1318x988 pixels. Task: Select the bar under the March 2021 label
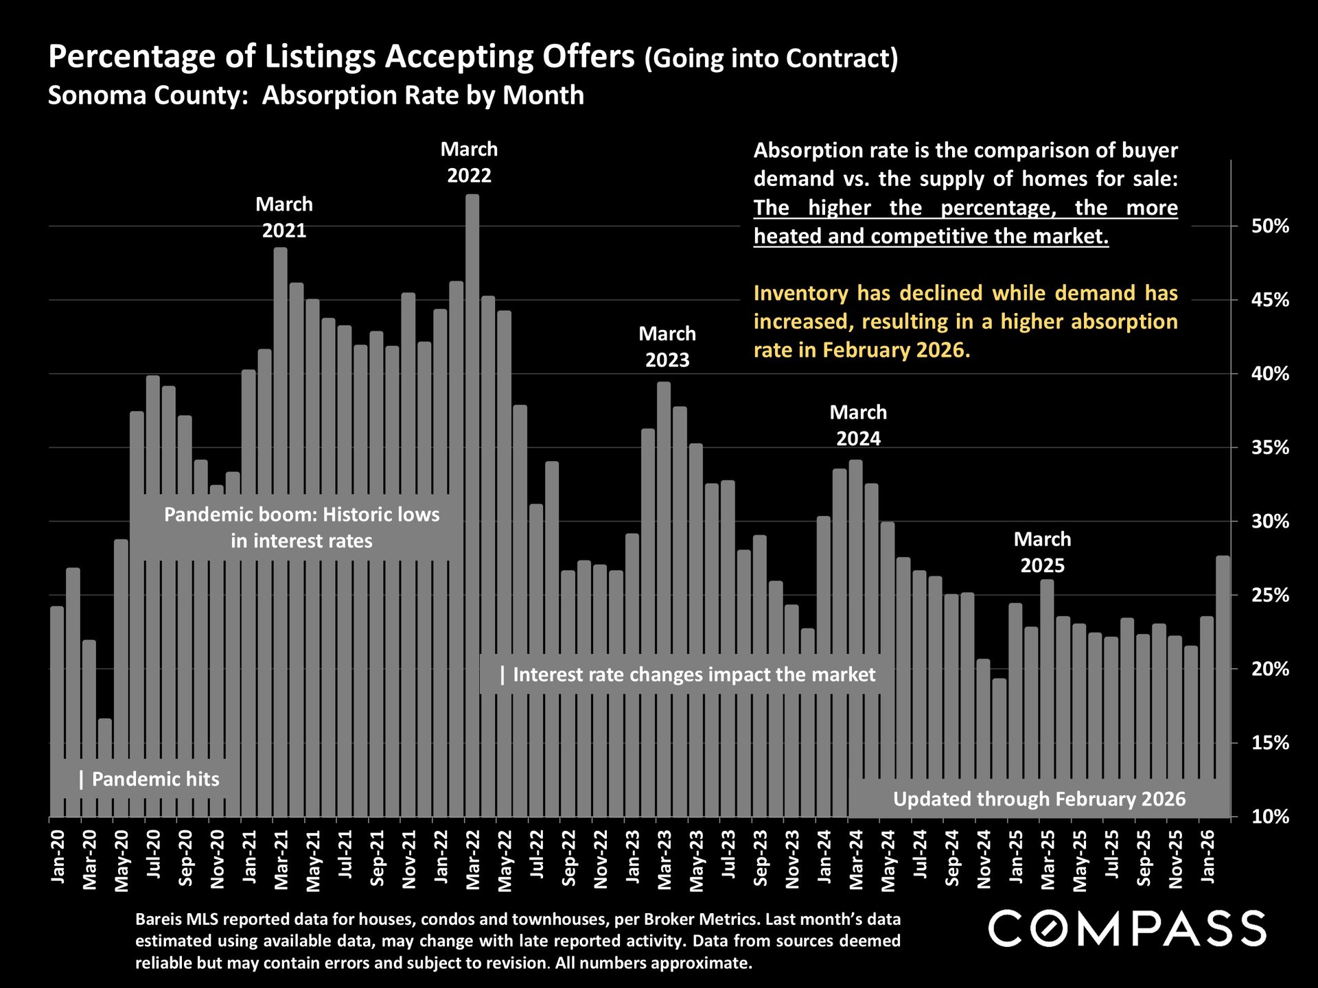pyautogui.click(x=281, y=480)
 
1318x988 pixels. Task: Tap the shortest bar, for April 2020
pyautogui.click(x=105, y=768)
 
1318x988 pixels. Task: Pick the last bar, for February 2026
pyautogui.click(x=1223, y=686)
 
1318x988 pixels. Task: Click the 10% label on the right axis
pyautogui.click(x=1270, y=817)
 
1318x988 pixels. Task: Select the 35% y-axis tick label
pyautogui.click(x=1270, y=448)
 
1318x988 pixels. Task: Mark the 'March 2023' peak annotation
pyautogui.click(x=667, y=347)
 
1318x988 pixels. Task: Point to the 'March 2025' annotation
pyautogui.click(x=1042, y=552)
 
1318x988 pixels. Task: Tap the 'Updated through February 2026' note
pyautogui.click(x=1039, y=799)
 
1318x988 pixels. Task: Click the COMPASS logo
pyautogui.click(x=1127, y=929)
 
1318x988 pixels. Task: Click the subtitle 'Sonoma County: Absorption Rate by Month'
pyautogui.click(x=316, y=95)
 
